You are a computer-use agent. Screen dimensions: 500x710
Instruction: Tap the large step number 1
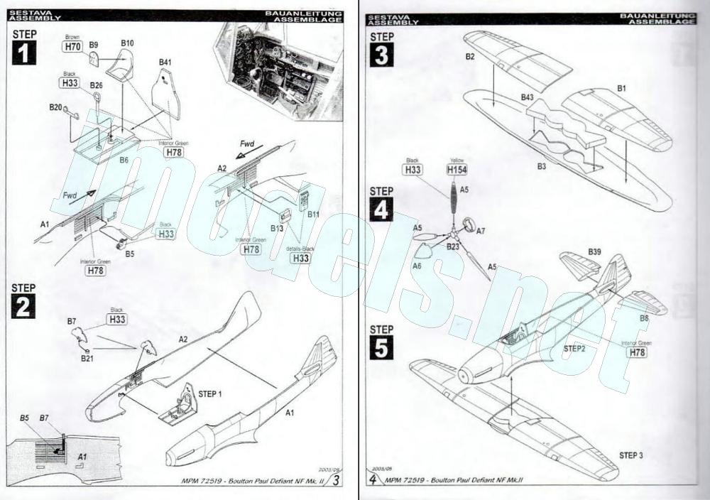pos(24,53)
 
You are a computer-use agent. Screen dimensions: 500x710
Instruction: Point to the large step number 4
pos(381,210)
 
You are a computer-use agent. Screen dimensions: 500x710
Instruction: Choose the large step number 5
pos(381,348)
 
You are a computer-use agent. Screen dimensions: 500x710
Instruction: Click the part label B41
pos(165,62)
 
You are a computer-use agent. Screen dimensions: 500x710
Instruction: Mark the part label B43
pos(528,97)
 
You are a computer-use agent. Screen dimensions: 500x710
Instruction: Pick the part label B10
pos(127,43)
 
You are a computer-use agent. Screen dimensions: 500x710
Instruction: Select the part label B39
pos(594,252)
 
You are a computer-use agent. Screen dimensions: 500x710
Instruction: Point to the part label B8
pos(644,318)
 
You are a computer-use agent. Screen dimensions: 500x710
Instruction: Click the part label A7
pos(481,231)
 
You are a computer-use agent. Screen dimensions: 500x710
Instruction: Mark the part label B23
pos(453,246)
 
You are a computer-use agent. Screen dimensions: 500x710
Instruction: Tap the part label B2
pos(470,56)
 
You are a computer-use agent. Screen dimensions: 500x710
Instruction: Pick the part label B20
pos(55,107)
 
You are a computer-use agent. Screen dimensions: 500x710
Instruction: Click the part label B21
pos(87,359)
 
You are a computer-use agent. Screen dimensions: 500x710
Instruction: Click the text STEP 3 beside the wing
pos(630,455)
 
